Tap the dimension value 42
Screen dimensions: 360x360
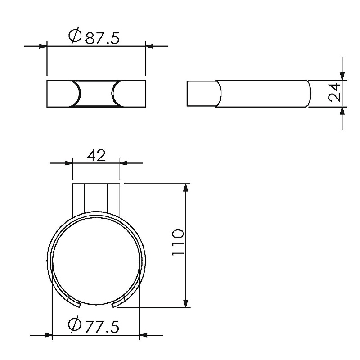96,155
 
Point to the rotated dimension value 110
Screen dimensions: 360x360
178,242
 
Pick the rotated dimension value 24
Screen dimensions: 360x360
335,92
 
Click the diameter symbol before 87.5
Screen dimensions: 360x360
75,36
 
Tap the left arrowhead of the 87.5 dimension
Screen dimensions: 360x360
43,46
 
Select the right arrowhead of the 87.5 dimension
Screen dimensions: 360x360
149,46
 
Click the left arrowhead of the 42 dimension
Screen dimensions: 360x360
68,163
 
